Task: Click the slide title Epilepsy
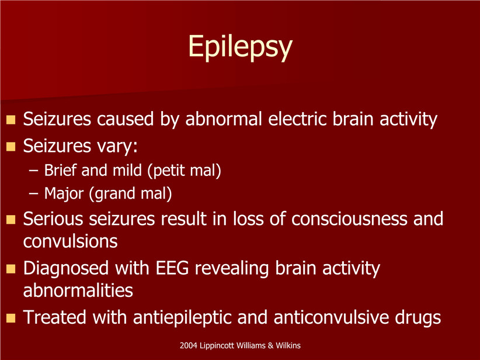coord(241,47)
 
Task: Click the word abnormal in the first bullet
coord(224,119)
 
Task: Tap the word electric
coord(298,119)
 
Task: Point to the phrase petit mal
coord(184,170)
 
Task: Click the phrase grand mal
coord(130,193)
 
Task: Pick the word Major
coord(64,193)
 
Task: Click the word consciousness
coord(349,219)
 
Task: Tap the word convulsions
coord(71,241)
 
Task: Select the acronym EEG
coord(172,268)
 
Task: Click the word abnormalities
coord(78,290)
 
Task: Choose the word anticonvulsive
coord(331,317)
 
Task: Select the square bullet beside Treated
coord(11,318)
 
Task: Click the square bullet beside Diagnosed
coord(11,269)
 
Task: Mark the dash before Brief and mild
coord(33,171)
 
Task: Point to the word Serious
coord(53,219)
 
